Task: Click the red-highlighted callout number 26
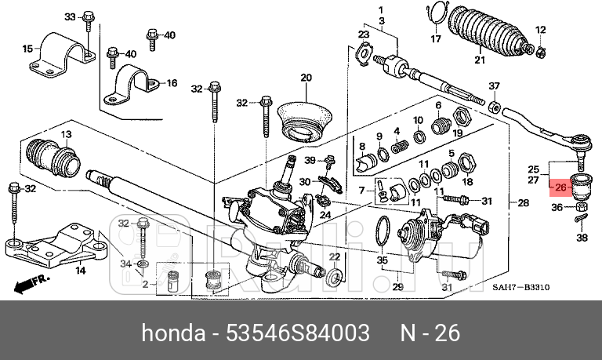560,188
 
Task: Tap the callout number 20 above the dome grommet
306,78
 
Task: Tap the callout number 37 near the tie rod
494,85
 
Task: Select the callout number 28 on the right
524,203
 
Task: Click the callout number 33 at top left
69,16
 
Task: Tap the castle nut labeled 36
582,209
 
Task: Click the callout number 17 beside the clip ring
436,38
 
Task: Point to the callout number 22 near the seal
334,257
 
